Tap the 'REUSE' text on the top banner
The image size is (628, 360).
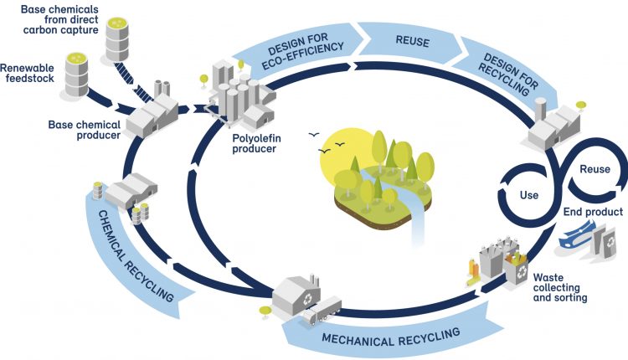(x=409, y=39)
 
